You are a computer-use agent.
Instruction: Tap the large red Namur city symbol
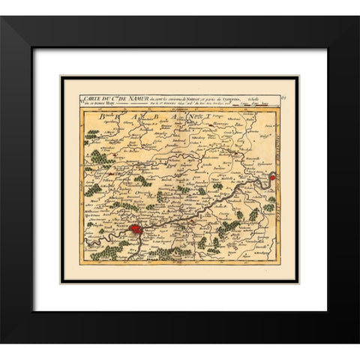click(x=135, y=228)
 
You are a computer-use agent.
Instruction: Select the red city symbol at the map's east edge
click(x=272, y=178)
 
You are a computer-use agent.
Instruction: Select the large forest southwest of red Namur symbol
click(x=112, y=251)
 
